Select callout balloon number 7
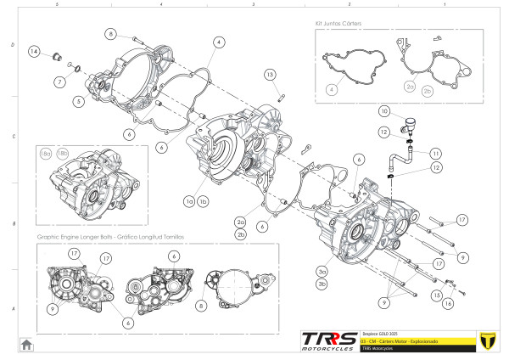[x=60, y=82]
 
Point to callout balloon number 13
[x=269, y=75]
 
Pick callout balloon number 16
[x=450, y=301]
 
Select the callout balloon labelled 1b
[x=204, y=201]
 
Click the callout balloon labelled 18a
[x=46, y=152]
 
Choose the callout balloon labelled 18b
[x=61, y=152]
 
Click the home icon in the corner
[x=26, y=344]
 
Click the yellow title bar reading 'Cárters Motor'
[x=406, y=340]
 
